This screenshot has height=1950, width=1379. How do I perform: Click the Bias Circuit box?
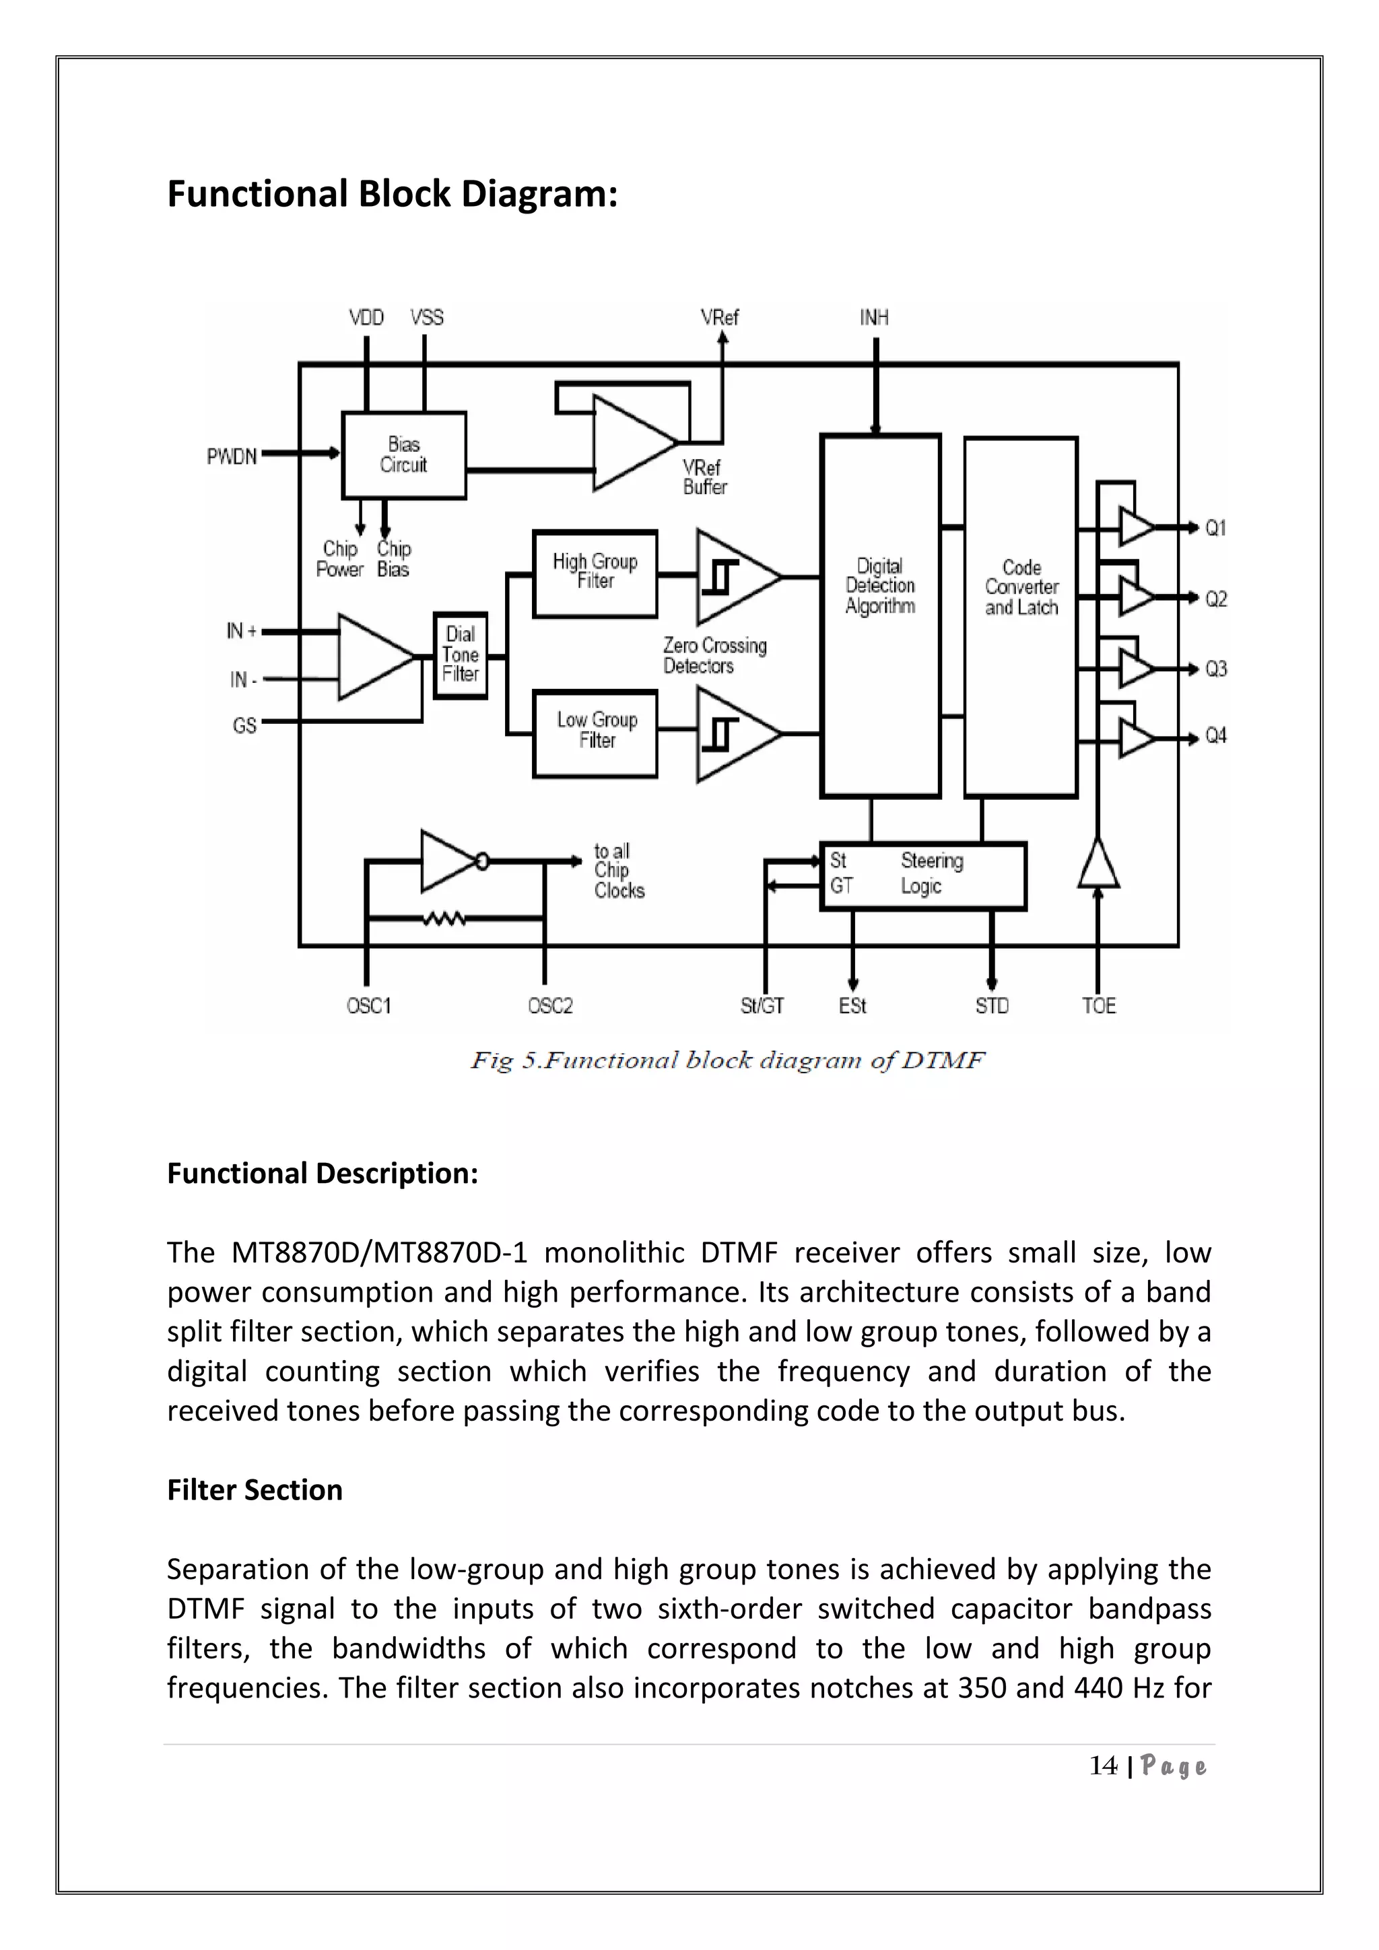coord(403,455)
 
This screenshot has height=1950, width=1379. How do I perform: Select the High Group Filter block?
coord(595,573)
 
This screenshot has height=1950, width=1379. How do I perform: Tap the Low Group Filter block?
coord(595,732)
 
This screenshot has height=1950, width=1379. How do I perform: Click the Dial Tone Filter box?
coord(461,654)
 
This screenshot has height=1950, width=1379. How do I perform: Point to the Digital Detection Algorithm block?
coord(879,615)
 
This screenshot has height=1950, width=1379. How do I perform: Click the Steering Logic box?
coord(923,875)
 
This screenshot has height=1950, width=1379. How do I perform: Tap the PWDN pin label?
coord(232,457)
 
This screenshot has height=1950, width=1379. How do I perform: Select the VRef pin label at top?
coord(719,318)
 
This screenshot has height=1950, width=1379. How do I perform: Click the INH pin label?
coord(874,318)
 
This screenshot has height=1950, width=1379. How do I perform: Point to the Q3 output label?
coord(1216,669)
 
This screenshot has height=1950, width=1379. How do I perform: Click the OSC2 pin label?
coord(550,1005)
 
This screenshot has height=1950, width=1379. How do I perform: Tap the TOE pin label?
coord(1098,1005)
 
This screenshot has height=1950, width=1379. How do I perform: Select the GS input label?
coord(244,725)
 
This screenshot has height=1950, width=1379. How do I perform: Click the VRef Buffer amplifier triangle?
coord(628,442)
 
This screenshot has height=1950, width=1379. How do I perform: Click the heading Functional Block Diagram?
coord(393,194)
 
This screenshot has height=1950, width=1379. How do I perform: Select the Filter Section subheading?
coord(255,1489)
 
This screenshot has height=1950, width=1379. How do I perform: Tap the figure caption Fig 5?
coord(728,1060)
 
